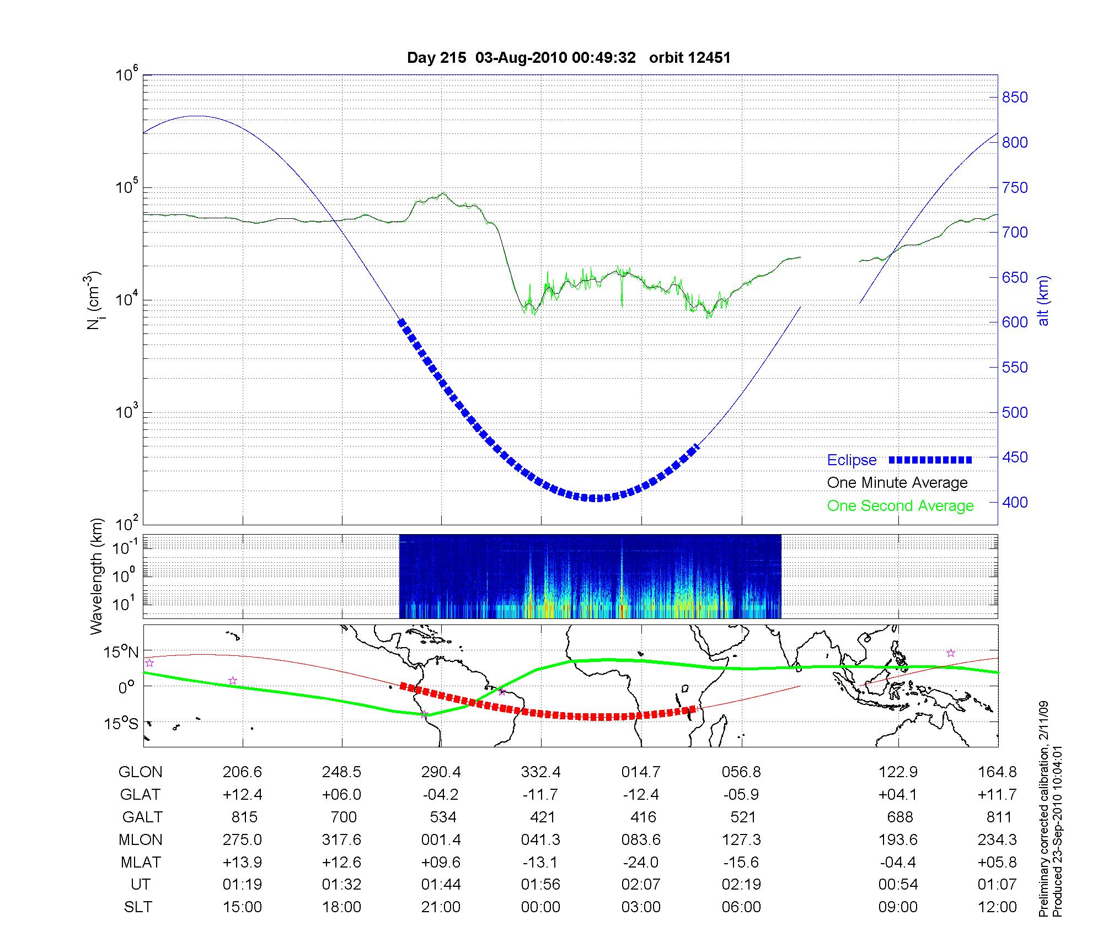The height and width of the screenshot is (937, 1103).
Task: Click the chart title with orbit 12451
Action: coord(569,58)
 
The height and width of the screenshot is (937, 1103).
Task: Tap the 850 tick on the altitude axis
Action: coord(1015,98)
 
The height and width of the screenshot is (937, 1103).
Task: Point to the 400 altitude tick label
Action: coord(1015,503)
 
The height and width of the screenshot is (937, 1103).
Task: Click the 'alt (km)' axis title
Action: coord(1043,300)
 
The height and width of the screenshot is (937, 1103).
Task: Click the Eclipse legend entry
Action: coord(852,460)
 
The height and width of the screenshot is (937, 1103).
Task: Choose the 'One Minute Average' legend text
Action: coord(897,483)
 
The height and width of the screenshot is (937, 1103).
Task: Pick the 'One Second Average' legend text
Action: coord(900,506)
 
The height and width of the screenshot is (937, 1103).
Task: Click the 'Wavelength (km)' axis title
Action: coord(97,576)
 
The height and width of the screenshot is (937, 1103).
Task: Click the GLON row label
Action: coord(140,772)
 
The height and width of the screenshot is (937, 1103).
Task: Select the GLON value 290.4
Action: coord(441,772)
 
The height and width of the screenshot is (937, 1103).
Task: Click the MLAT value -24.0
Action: coord(641,862)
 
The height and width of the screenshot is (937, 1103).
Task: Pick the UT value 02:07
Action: coord(641,885)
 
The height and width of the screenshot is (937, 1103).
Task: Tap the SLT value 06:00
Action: coord(741,907)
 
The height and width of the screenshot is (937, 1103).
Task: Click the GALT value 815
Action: coord(243,817)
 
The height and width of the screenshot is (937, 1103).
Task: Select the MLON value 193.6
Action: coord(898,840)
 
